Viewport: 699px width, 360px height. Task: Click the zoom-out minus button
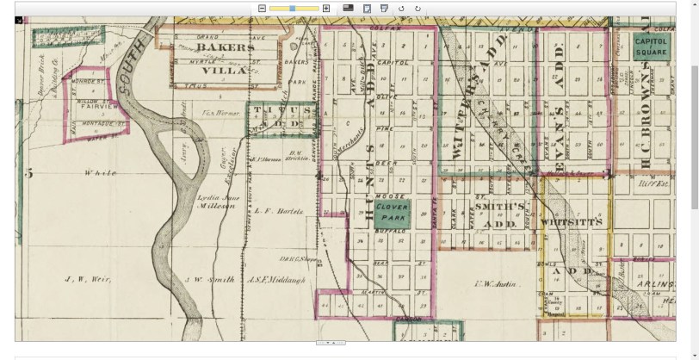coord(262,8)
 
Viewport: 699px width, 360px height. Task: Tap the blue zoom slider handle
coord(293,8)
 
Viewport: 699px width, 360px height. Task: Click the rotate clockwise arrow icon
coord(418,8)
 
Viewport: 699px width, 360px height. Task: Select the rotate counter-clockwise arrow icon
coord(401,8)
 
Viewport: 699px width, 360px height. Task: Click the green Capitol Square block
coord(650,46)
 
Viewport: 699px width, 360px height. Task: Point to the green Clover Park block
coord(391,212)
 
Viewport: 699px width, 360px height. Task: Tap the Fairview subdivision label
coord(87,109)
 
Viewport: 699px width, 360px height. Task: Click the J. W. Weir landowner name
coord(85,280)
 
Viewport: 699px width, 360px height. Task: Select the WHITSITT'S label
coord(569,221)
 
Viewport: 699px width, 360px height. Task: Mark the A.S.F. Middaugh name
coord(276,280)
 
